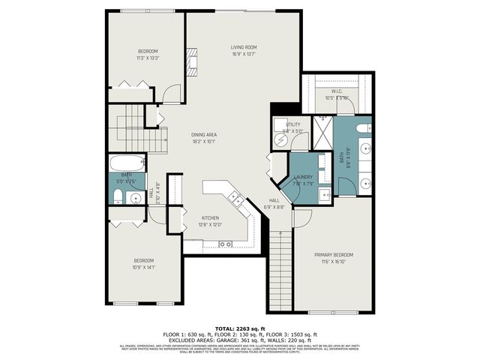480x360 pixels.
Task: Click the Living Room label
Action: pos(244,46)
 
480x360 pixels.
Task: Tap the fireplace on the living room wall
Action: pos(191,62)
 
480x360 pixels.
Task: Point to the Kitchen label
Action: pos(209,217)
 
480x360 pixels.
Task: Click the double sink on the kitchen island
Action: pos(235,199)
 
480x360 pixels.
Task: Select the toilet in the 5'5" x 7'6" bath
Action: pos(118,196)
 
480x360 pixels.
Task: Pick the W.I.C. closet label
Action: pos(336,92)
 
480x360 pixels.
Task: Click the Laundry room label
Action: pos(303,177)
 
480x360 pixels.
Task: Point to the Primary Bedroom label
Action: pos(333,255)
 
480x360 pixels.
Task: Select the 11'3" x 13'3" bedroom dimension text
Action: pos(147,58)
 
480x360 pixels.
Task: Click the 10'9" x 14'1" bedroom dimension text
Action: pos(142,266)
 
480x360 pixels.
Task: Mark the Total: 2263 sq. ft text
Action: pos(239,328)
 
